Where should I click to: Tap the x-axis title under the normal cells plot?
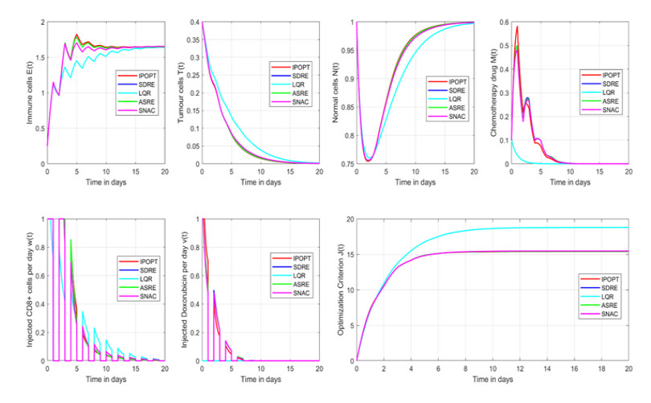click(416, 183)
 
